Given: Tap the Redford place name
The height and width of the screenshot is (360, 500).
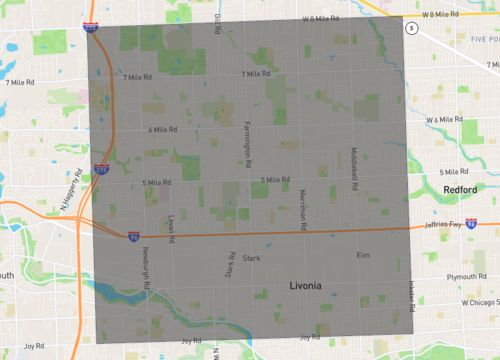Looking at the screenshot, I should pyautogui.click(x=461, y=189).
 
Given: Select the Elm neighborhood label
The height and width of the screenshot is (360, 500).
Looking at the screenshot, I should pyautogui.click(x=362, y=256).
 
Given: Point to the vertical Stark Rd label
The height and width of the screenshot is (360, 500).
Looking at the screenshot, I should pyautogui.click(x=231, y=266).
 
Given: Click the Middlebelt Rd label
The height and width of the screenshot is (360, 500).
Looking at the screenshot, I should pyautogui.click(x=354, y=170).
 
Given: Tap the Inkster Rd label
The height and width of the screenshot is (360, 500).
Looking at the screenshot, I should pyautogui.click(x=410, y=294).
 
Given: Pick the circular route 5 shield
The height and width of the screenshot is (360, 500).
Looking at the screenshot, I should pyautogui.click(x=409, y=29).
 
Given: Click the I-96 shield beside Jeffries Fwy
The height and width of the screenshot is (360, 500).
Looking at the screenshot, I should pyautogui.click(x=470, y=228).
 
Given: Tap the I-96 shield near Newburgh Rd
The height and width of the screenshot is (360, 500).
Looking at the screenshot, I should pyautogui.click(x=133, y=236).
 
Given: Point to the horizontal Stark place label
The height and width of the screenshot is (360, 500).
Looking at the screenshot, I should pyautogui.click(x=251, y=258).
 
